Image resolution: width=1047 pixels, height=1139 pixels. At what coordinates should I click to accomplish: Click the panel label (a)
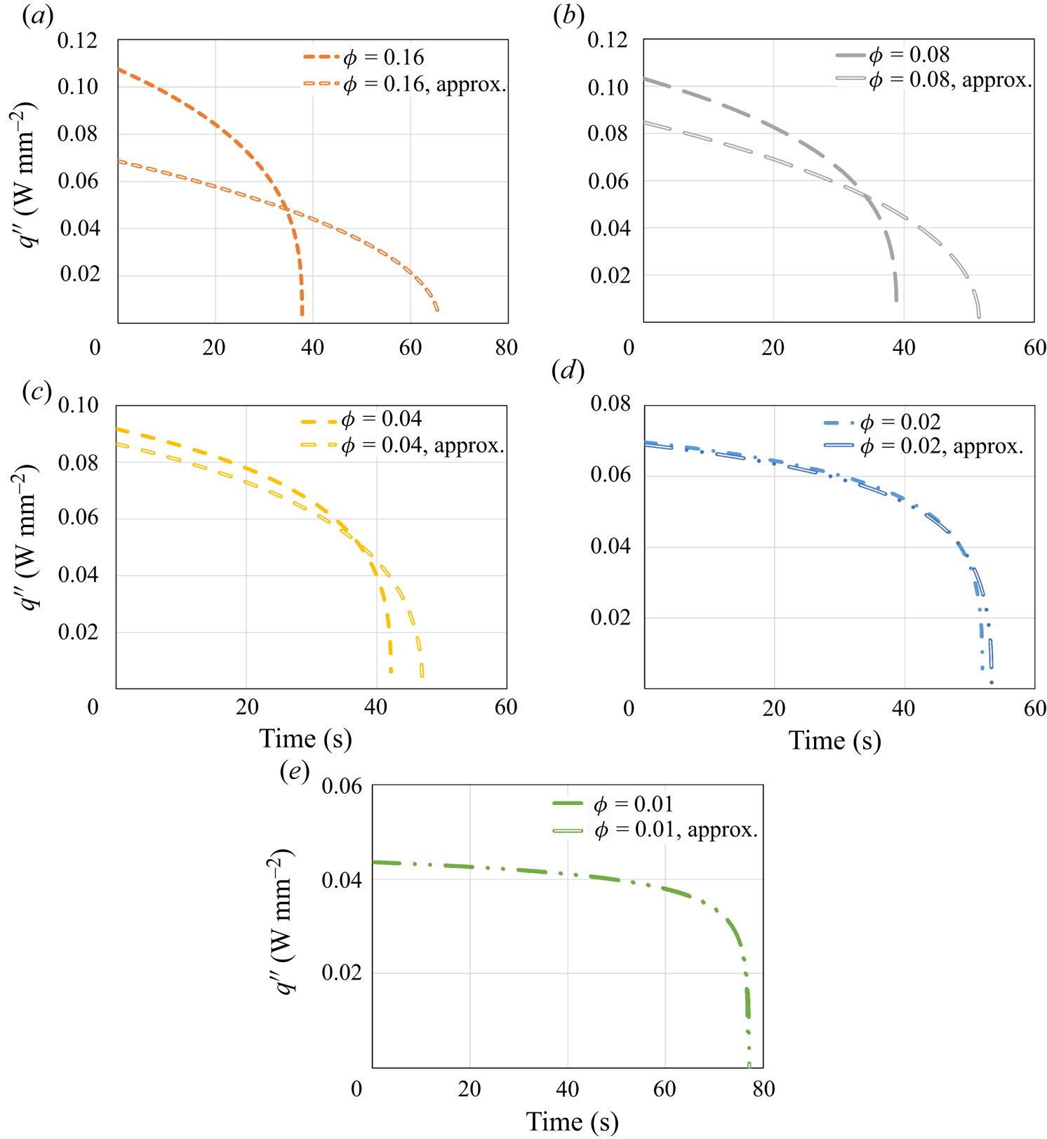pyautogui.click(x=38, y=16)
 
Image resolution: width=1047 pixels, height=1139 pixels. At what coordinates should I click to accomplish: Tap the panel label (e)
pyautogui.click(x=295, y=771)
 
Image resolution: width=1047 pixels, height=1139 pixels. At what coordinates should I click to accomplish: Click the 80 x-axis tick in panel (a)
pyautogui.click(x=506, y=347)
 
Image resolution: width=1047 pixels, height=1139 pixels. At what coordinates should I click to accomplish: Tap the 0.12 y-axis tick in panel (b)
pyautogui.click(x=608, y=40)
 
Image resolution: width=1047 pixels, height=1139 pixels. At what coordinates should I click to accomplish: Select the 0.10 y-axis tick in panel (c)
pyautogui.click(x=79, y=406)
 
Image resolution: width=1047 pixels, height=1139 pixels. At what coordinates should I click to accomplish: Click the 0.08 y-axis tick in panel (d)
pyautogui.click(x=611, y=404)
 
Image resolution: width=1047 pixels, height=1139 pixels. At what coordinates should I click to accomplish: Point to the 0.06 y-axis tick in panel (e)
pyautogui.click(x=342, y=786)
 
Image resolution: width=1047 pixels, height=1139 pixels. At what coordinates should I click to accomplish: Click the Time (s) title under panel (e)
pyautogui.click(x=572, y=1121)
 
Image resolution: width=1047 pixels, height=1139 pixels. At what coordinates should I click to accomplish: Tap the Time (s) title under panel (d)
pyautogui.click(x=834, y=740)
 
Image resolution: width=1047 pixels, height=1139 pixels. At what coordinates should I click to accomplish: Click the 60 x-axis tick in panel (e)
pyautogui.click(x=665, y=1089)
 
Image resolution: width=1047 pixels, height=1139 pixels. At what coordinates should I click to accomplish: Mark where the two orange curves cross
pyautogui.click(x=286, y=208)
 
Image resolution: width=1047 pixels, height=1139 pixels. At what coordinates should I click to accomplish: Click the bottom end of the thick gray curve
pyautogui.click(x=896, y=300)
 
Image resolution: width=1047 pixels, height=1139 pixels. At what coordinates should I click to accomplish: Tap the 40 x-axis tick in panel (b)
pyautogui.click(x=904, y=347)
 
